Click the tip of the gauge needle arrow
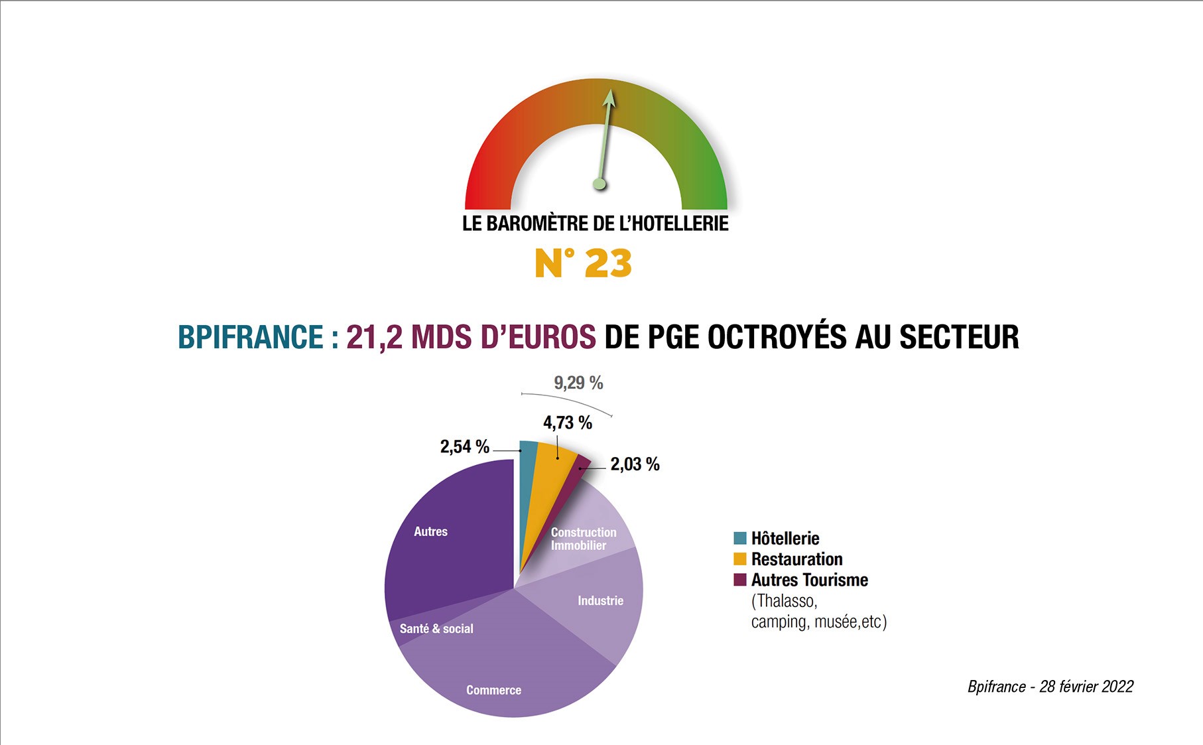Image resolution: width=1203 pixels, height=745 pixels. [609, 92]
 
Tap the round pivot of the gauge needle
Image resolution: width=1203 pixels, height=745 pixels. [600, 184]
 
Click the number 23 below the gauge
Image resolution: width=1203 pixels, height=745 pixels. [608, 263]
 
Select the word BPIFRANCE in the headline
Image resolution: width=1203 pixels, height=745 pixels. [251, 337]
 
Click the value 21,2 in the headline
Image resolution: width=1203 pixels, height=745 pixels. [374, 337]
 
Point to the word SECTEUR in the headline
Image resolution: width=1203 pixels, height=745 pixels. [959, 337]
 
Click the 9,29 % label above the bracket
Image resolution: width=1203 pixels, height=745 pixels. [578, 383]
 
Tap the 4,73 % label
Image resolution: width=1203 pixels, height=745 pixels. [567, 423]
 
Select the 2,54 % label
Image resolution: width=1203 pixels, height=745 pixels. [464, 446]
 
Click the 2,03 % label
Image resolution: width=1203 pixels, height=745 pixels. [635, 464]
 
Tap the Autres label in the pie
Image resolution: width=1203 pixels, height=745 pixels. [430, 531]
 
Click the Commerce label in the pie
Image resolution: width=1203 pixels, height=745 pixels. [493, 690]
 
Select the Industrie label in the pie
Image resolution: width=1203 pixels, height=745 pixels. [600, 600]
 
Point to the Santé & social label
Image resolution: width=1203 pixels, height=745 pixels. [436, 628]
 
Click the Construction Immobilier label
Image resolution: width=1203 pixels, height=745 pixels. [583, 539]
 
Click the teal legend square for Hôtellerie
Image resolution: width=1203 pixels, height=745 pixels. [740, 538]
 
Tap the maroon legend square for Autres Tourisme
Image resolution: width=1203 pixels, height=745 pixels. [740, 580]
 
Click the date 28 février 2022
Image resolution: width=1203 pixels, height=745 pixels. [1086, 687]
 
